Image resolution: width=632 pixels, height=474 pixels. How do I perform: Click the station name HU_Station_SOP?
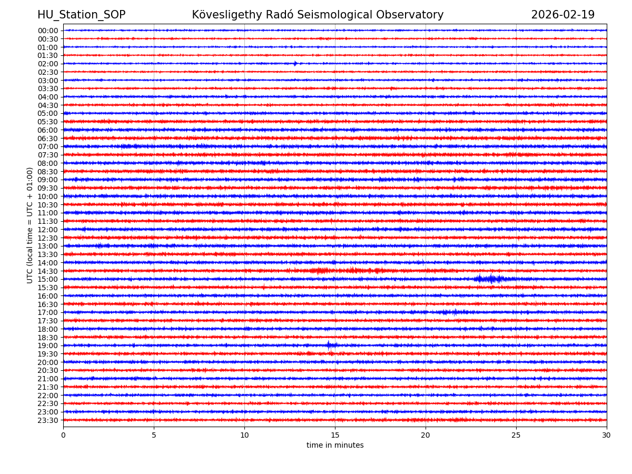81,15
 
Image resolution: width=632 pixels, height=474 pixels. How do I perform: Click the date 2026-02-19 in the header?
562,15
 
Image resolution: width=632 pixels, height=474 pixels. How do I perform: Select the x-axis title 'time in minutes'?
335,445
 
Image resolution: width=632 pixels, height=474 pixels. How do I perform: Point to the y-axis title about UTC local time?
30,225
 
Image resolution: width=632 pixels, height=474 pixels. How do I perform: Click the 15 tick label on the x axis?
335,436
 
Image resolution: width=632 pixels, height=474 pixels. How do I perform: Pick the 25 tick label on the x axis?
516,436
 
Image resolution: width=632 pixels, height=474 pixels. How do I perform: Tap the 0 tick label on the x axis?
63,436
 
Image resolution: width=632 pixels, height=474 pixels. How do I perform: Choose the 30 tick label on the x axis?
607,436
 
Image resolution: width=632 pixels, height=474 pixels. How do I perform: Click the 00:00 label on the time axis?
48,31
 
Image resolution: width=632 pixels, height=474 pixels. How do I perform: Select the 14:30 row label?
48,271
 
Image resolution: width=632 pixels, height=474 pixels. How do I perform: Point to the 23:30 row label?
48,420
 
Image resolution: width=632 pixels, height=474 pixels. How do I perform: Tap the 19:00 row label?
48,345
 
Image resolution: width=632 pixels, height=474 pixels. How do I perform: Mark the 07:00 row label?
48,146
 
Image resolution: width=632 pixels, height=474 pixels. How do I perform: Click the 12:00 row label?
48,230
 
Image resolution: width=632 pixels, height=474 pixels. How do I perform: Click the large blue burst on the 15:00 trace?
491,279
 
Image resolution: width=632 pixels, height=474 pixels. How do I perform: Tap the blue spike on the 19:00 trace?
329,345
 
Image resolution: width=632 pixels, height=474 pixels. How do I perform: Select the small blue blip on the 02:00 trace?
295,64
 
